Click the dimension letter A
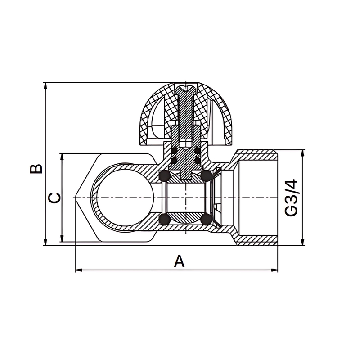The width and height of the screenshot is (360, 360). click(179, 261)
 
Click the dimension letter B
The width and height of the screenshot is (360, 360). click(36, 169)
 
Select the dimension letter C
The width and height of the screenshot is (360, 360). click(55, 198)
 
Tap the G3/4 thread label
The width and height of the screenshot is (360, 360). click(291, 198)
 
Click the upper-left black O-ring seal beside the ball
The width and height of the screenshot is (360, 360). click(165, 175)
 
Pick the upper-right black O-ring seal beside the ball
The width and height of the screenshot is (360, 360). click(206, 175)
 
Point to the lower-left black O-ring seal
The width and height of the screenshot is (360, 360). click(165, 219)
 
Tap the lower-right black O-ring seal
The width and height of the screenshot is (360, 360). click(206, 219)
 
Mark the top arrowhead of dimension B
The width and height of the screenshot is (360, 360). click(45, 86)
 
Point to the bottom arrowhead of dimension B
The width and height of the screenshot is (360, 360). click(45, 242)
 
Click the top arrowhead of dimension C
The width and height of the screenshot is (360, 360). click(62, 157)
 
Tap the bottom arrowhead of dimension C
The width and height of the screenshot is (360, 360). click(62, 238)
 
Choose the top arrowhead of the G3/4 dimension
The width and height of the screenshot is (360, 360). click(302, 153)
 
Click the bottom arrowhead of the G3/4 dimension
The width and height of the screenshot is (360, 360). click(302, 242)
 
